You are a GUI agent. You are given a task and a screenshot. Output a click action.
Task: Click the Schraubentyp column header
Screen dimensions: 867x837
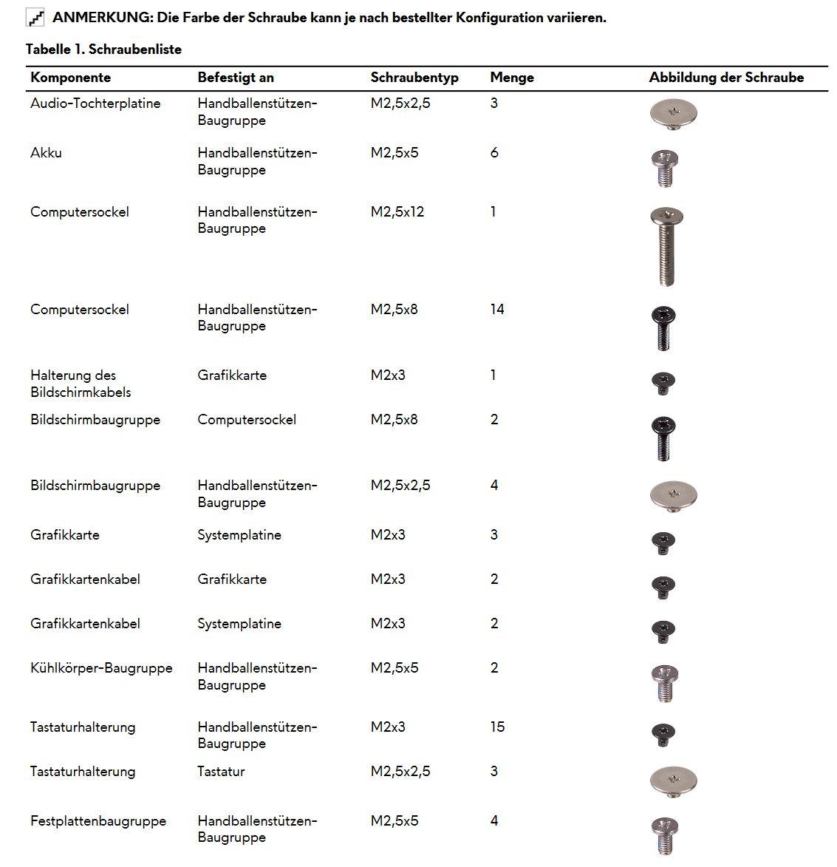pyautogui.click(x=414, y=78)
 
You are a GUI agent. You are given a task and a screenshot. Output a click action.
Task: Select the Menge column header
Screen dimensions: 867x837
pyautogui.click(x=511, y=78)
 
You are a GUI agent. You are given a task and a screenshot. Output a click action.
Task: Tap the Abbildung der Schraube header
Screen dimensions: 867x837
pyautogui.click(x=725, y=78)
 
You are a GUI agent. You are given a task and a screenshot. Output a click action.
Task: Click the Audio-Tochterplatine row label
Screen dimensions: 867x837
pyautogui.click(x=95, y=103)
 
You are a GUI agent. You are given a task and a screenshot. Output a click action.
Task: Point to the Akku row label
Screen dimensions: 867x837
pyautogui.click(x=46, y=153)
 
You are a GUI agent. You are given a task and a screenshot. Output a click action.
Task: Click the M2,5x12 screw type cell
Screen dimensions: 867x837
pyautogui.click(x=397, y=212)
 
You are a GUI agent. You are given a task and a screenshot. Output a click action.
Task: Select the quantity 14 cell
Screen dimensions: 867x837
pyautogui.click(x=497, y=310)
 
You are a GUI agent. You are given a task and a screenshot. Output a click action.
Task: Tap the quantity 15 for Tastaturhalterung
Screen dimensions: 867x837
pyautogui.click(x=497, y=727)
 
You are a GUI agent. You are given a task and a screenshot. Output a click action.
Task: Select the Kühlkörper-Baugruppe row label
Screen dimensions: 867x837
pyautogui.click(x=101, y=668)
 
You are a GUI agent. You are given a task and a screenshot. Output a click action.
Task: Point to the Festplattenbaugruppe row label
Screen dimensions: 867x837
pyautogui.click(x=98, y=821)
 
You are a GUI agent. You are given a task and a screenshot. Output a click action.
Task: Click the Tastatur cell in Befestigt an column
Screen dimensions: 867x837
pyautogui.click(x=221, y=772)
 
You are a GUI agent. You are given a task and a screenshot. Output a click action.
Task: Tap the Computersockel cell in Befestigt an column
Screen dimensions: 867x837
pyautogui.click(x=247, y=420)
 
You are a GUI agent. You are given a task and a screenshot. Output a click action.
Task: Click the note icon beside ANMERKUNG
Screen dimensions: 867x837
pyautogui.click(x=35, y=18)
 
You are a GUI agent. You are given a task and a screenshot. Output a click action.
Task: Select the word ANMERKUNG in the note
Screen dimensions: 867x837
pyautogui.click(x=101, y=18)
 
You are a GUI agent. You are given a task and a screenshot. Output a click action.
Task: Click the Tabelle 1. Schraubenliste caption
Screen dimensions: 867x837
pyautogui.click(x=103, y=50)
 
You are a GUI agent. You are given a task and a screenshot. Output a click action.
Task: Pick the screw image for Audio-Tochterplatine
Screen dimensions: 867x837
pyautogui.click(x=673, y=113)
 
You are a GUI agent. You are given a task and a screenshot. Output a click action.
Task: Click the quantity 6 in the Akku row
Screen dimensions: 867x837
pyautogui.click(x=494, y=153)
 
